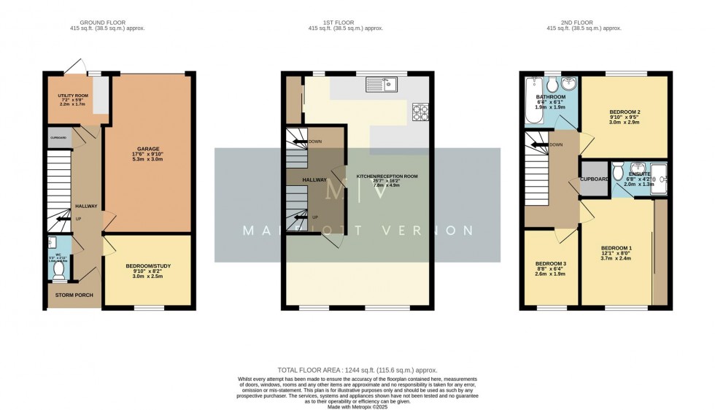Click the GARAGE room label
point(150,149)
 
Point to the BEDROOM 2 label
point(625,112)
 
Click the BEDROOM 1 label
point(616,248)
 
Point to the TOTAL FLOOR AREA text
point(357,371)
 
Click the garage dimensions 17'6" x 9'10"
point(150,155)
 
